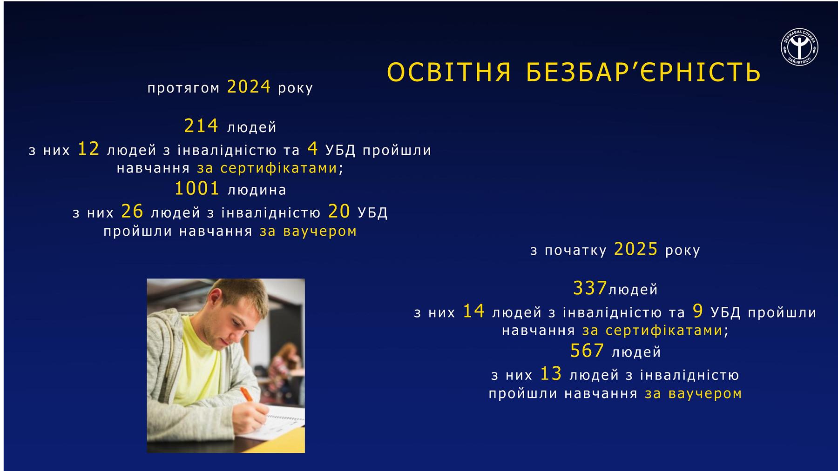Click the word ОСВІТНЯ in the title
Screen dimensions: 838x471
point(449,72)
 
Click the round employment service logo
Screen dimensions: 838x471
point(799,47)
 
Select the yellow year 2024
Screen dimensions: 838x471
point(249,87)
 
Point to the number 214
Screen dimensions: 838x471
point(201,126)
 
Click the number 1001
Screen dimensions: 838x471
point(196,189)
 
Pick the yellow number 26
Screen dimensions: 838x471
point(132,212)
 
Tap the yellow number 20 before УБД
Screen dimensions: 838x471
point(339,212)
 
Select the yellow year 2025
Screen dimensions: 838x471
point(636,249)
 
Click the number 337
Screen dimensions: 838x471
point(590,288)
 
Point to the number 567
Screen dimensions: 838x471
point(587,351)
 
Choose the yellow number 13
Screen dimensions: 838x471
point(551,374)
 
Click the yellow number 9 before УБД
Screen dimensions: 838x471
point(698,312)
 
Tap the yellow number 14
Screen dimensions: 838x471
point(474,312)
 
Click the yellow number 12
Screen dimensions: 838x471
point(88,149)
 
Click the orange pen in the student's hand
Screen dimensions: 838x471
point(247,395)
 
